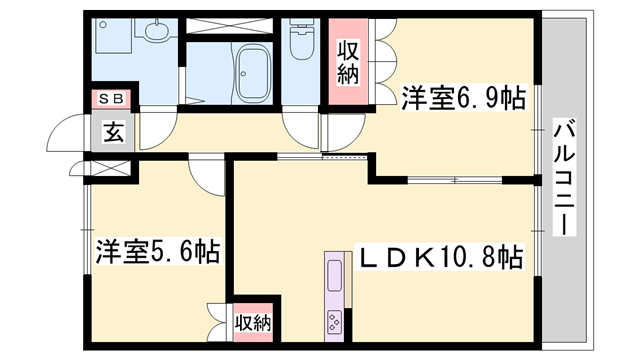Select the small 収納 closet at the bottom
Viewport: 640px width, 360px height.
254,322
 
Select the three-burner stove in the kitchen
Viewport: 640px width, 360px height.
332,322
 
